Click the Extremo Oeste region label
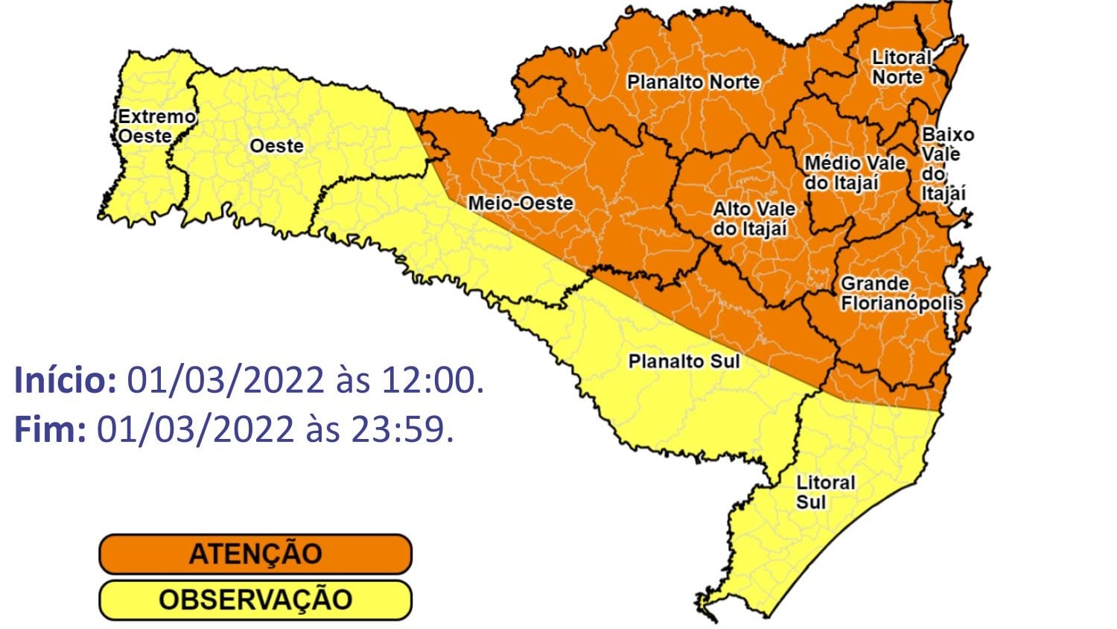click(x=156, y=127)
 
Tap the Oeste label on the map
click(x=276, y=146)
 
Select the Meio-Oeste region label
click(x=521, y=203)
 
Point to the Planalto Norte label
click(x=693, y=82)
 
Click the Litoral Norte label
click(x=901, y=67)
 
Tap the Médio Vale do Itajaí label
click(x=854, y=173)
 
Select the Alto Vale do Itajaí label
click(x=754, y=219)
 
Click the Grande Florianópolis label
click(x=901, y=294)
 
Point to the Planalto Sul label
click(x=684, y=361)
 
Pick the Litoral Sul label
click(x=825, y=493)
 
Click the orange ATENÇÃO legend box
click(x=255, y=554)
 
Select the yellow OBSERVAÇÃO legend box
click(x=255, y=600)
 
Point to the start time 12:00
click(x=432, y=381)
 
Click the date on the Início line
click(x=226, y=381)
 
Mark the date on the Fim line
click(x=195, y=430)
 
